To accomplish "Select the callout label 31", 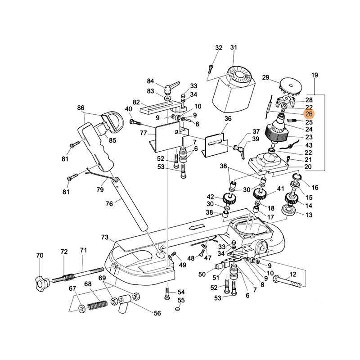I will coord(233,48).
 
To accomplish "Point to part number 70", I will coord(40,256).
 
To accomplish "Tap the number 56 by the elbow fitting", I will coord(157,314).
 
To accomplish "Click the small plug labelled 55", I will coord(178,309).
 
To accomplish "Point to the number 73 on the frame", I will coord(105,237).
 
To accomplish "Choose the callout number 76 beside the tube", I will coord(109,204).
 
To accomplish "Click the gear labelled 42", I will coord(228,198).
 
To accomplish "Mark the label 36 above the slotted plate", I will coord(228,119).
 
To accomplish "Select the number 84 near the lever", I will coord(150,81).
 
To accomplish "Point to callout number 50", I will coord(202,274).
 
